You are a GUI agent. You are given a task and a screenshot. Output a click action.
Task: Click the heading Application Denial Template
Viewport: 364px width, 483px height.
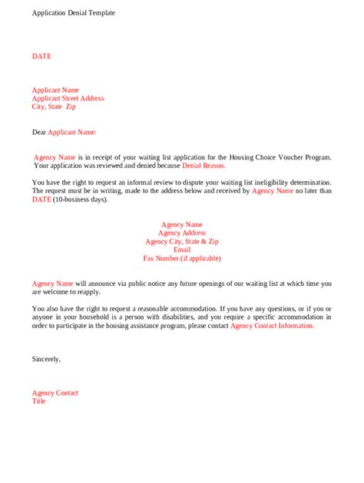tap(74, 14)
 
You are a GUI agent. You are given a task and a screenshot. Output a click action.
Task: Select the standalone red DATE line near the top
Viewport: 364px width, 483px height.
tap(41, 56)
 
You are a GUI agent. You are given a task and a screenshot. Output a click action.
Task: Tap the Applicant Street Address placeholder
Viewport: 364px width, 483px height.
tap(68, 98)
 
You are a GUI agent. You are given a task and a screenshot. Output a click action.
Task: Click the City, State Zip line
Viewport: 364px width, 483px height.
tap(54, 107)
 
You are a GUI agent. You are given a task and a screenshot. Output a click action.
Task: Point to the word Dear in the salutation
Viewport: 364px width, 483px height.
tap(39, 132)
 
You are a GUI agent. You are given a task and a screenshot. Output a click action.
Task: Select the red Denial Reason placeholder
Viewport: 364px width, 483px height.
tap(204, 166)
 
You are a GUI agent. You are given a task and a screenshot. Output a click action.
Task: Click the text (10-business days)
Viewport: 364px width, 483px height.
tap(81, 199)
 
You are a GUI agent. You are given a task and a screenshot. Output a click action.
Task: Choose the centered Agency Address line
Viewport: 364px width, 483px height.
tap(182, 233)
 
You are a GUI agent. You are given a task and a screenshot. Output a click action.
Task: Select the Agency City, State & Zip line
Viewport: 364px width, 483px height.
tap(182, 242)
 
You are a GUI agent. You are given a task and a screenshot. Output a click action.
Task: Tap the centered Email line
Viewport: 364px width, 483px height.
tap(182, 250)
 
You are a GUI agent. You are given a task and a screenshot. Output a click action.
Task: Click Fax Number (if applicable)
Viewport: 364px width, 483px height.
tap(182, 258)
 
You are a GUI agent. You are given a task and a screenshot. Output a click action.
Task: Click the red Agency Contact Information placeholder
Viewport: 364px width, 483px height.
tap(272, 325)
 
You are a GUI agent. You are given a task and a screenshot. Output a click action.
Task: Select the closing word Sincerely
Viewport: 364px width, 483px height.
tap(46, 359)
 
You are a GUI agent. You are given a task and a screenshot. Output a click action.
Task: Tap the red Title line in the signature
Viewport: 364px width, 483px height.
tap(39, 401)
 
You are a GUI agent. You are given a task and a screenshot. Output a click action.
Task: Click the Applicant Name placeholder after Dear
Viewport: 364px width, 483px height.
tap(72, 132)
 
